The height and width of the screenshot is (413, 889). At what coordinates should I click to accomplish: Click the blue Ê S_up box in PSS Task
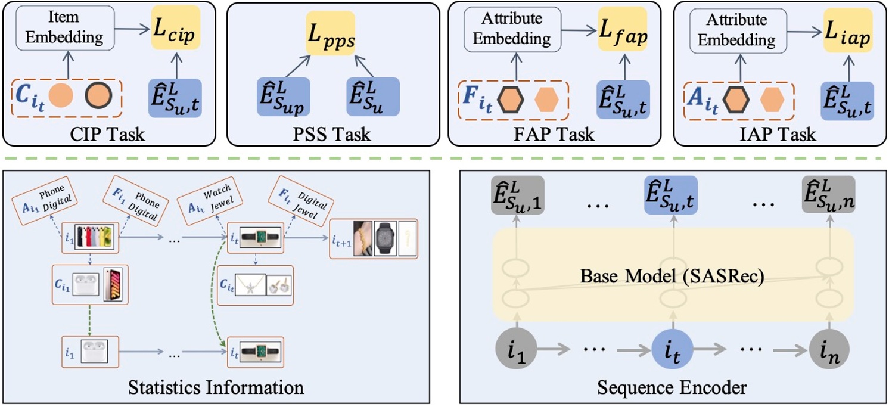point(283,97)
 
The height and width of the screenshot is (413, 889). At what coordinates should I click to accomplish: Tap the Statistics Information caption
point(216,387)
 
